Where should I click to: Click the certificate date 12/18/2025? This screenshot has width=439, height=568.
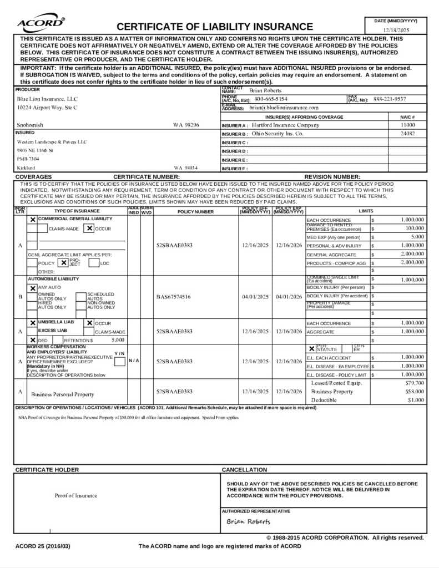(x=396, y=30)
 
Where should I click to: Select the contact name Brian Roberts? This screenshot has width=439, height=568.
(x=265, y=90)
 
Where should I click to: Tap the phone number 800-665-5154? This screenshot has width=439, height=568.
(x=271, y=99)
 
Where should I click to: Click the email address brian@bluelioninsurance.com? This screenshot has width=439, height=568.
(x=284, y=108)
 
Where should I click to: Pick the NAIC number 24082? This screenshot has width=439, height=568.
(x=407, y=134)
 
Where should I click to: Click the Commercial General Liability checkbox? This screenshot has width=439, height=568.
(x=33, y=220)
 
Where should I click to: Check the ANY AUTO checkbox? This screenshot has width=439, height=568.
(x=33, y=288)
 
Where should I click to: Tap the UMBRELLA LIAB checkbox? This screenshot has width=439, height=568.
(x=33, y=323)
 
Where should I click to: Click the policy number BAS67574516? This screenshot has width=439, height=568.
(x=173, y=297)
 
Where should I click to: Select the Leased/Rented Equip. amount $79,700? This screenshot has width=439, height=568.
(x=415, y=383)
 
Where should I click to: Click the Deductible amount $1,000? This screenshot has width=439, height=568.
(x=416, y=400)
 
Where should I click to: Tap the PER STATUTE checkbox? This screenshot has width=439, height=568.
(x=311, y=348)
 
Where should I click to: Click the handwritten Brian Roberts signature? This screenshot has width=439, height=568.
(x=248, y=521)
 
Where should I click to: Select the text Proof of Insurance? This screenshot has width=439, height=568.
(x=75, y=495)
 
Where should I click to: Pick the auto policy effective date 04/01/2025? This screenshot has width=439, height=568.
(x=255, y=297)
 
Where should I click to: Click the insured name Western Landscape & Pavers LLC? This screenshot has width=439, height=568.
(x=52, y=141)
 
